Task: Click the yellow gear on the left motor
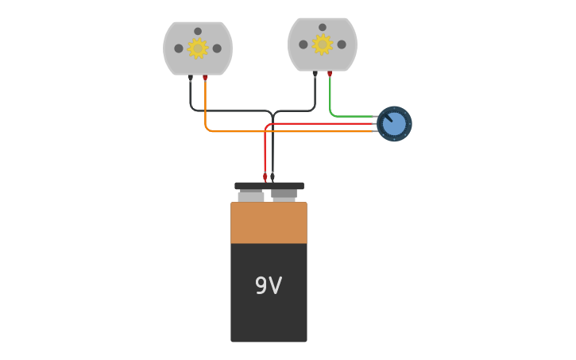(198, 48)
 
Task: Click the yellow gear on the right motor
(322, 45)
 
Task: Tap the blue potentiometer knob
(394, 124)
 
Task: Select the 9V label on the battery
(269, 286)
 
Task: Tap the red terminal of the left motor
(205, 78)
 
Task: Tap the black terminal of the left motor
(191, 78)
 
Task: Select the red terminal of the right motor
(330, 74)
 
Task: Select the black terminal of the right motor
(315, 74)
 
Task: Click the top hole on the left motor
(198, 31)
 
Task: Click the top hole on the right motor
(322, 27)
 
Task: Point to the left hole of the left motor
(179, 48)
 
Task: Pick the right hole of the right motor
(342, 45)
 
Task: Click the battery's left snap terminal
(251, 195)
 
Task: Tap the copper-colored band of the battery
(269, 223)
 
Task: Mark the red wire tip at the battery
(265, 177)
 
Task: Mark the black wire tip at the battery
(273, 176)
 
